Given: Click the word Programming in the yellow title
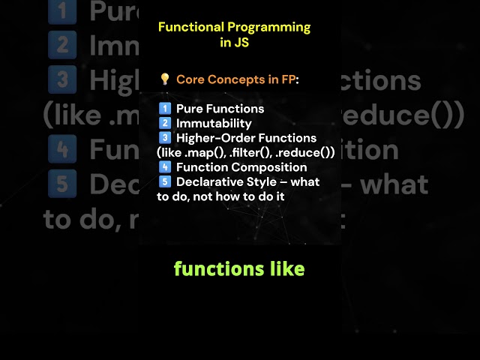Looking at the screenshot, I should coord(267,27).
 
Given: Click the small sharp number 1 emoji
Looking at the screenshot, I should coord(165,109).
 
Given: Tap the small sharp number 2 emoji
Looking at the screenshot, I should coord(165,124).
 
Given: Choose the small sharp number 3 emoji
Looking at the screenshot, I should coord(165,138).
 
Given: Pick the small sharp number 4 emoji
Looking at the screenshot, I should coord(165,167).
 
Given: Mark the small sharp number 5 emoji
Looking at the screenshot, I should coord(165,182).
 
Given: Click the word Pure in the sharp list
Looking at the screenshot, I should coord(190,109).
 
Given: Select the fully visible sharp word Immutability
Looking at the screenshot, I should coord(214,124).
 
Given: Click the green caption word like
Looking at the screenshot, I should coord(285,268).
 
